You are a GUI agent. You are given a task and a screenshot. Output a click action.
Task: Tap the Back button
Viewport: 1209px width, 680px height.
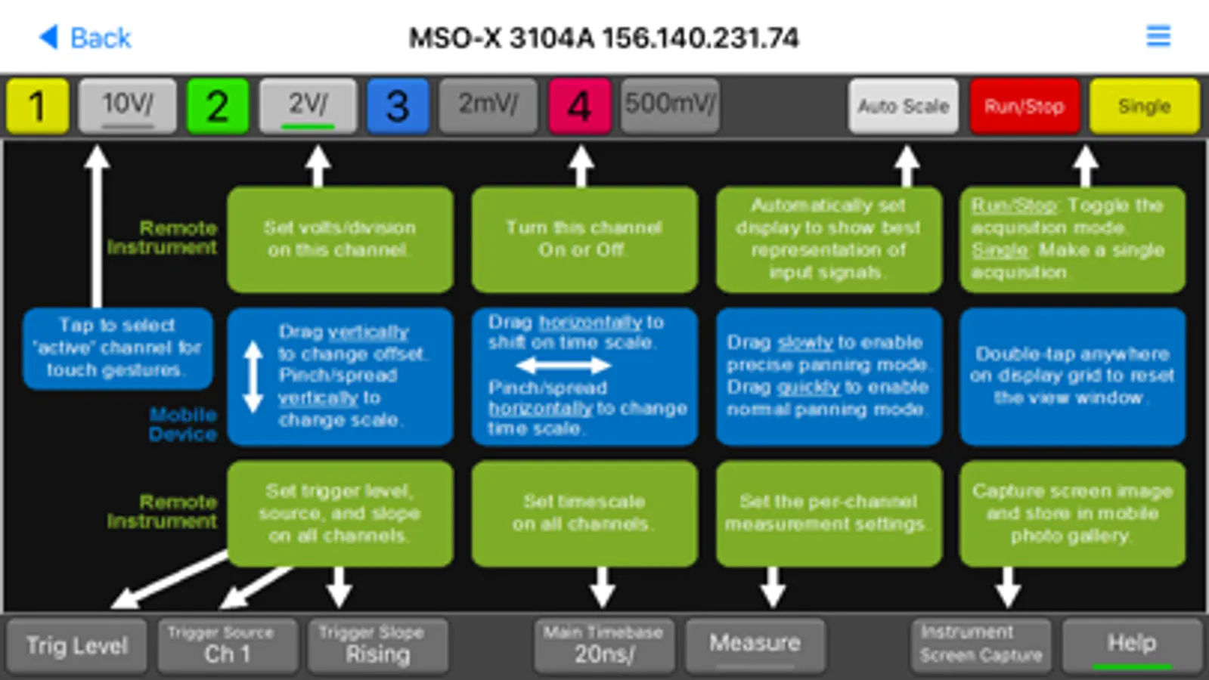pos(85,37)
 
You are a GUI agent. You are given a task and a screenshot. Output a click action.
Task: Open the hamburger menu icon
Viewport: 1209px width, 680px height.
pos(1158,36)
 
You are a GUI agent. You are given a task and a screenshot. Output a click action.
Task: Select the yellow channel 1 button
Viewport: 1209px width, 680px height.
pos(38,106)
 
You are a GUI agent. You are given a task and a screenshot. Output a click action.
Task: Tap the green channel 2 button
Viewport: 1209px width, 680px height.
pos(218,106)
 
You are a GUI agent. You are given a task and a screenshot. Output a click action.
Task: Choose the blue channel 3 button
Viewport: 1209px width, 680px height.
pos(398,106)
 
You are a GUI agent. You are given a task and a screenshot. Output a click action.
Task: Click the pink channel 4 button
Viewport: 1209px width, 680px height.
pos(579,106)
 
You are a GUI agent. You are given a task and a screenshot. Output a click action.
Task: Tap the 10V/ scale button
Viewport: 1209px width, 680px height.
pos(128,106)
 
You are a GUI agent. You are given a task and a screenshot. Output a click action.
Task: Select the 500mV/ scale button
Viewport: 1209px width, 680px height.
pos(669,106)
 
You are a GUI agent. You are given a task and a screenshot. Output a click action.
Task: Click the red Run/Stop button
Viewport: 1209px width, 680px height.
pos(1024,106)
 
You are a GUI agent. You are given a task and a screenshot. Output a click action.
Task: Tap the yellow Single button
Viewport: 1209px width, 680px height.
pos(1143,106)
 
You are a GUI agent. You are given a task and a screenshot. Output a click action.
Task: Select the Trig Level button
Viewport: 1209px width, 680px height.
pos(76,645)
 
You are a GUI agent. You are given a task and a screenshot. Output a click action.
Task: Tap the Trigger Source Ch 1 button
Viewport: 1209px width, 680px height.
pos(227,645)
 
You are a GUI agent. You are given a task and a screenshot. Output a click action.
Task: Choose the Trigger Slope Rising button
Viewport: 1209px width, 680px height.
pos(377,645)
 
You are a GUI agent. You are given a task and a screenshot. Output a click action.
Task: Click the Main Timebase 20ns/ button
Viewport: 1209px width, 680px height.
pos(603,645)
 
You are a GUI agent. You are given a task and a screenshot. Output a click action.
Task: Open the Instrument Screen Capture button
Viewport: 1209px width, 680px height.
pos(981,645)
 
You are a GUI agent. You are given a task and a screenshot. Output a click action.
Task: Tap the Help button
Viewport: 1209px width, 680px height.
pos(1131,645)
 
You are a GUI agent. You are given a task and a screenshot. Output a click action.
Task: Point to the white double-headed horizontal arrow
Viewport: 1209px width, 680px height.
pos(563,366)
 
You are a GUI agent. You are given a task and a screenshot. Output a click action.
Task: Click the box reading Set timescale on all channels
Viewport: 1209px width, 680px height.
pos(584,513)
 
